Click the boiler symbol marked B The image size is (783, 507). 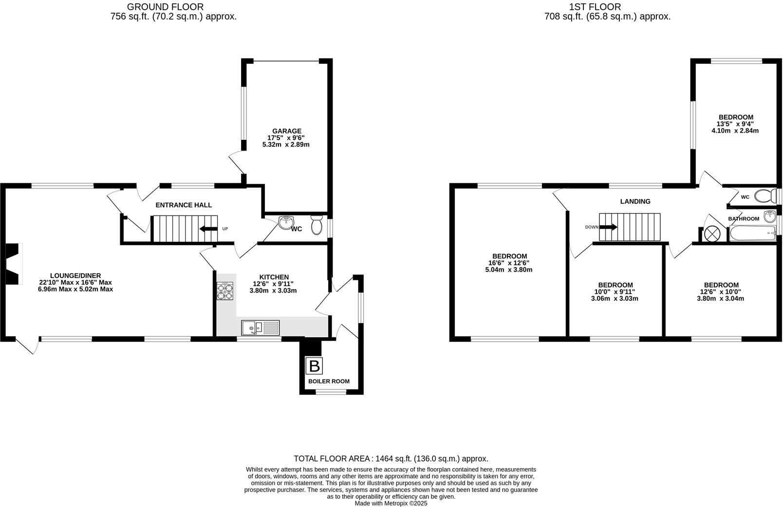pyautogui.click(x=314, y=366)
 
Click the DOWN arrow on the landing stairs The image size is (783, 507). pyautogui.click(x=609, y=227)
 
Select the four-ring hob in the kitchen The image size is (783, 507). pyautogui.click(x=225, y=291)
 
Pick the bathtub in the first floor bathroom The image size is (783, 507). pyautogui.click(x=752, y=234)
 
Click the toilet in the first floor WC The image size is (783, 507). pyautogui.click(x=766, y=196)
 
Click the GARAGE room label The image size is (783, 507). pyautogui.click(x=286, y=131)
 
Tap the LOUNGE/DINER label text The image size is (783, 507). pyautogui.click(x=75, y=275)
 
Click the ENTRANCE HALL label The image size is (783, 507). pyautogui.click(x=184, y=205)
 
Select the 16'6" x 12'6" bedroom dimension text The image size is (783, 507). pyautogui.click(x=509, y=263)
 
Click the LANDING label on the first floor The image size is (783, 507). pyautogui.click(x=635, y=201)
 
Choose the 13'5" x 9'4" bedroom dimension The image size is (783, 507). pyautogui.click(x=736, y=124)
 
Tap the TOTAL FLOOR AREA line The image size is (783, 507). pyautogui.click(x=391, y=459)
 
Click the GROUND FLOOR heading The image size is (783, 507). pyautogui.click(x=165, y=7)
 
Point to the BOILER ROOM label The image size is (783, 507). pyautogui.click(x=329, y=381)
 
